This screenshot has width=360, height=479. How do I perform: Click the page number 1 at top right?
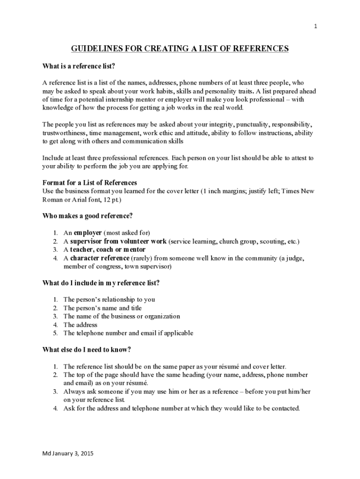coord(316,26)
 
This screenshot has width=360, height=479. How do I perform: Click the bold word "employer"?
coord(88,233)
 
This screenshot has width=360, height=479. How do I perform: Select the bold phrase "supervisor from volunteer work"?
coord(118,241)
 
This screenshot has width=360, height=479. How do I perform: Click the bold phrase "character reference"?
coord(100,258)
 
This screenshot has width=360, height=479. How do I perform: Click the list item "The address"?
coord(80,325)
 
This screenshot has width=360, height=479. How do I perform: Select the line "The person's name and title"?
coord(102,308)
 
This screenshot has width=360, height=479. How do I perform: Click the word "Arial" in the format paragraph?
coord(81,199)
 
